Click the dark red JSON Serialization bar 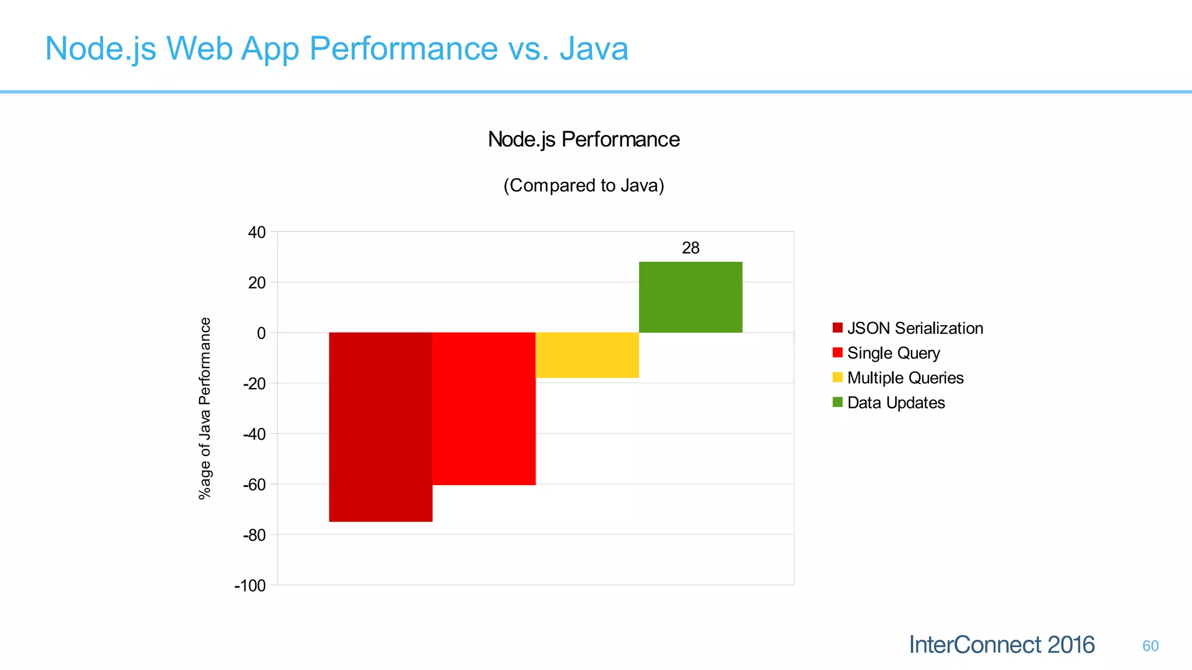pos(381,427)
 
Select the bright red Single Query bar pos(484,408)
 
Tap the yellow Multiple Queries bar pos(587,355)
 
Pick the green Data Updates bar pos(690,297)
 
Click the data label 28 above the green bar pos(690,248)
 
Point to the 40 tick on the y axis pos(257,233)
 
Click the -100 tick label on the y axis pos(250,586)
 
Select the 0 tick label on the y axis pos(261,333)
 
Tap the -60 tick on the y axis pos(254,484)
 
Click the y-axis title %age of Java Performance pos(205,408)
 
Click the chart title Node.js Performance pos(583,140)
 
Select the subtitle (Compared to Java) pos(583,186)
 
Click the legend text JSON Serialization pos(915,328)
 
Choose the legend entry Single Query pos(893,353)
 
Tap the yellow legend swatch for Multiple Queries pos(838,377)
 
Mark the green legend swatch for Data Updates pos(838,402)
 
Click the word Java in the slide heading pos(594,48)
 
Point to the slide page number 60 pos(1150,646)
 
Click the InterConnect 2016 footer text pos(1002,645)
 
